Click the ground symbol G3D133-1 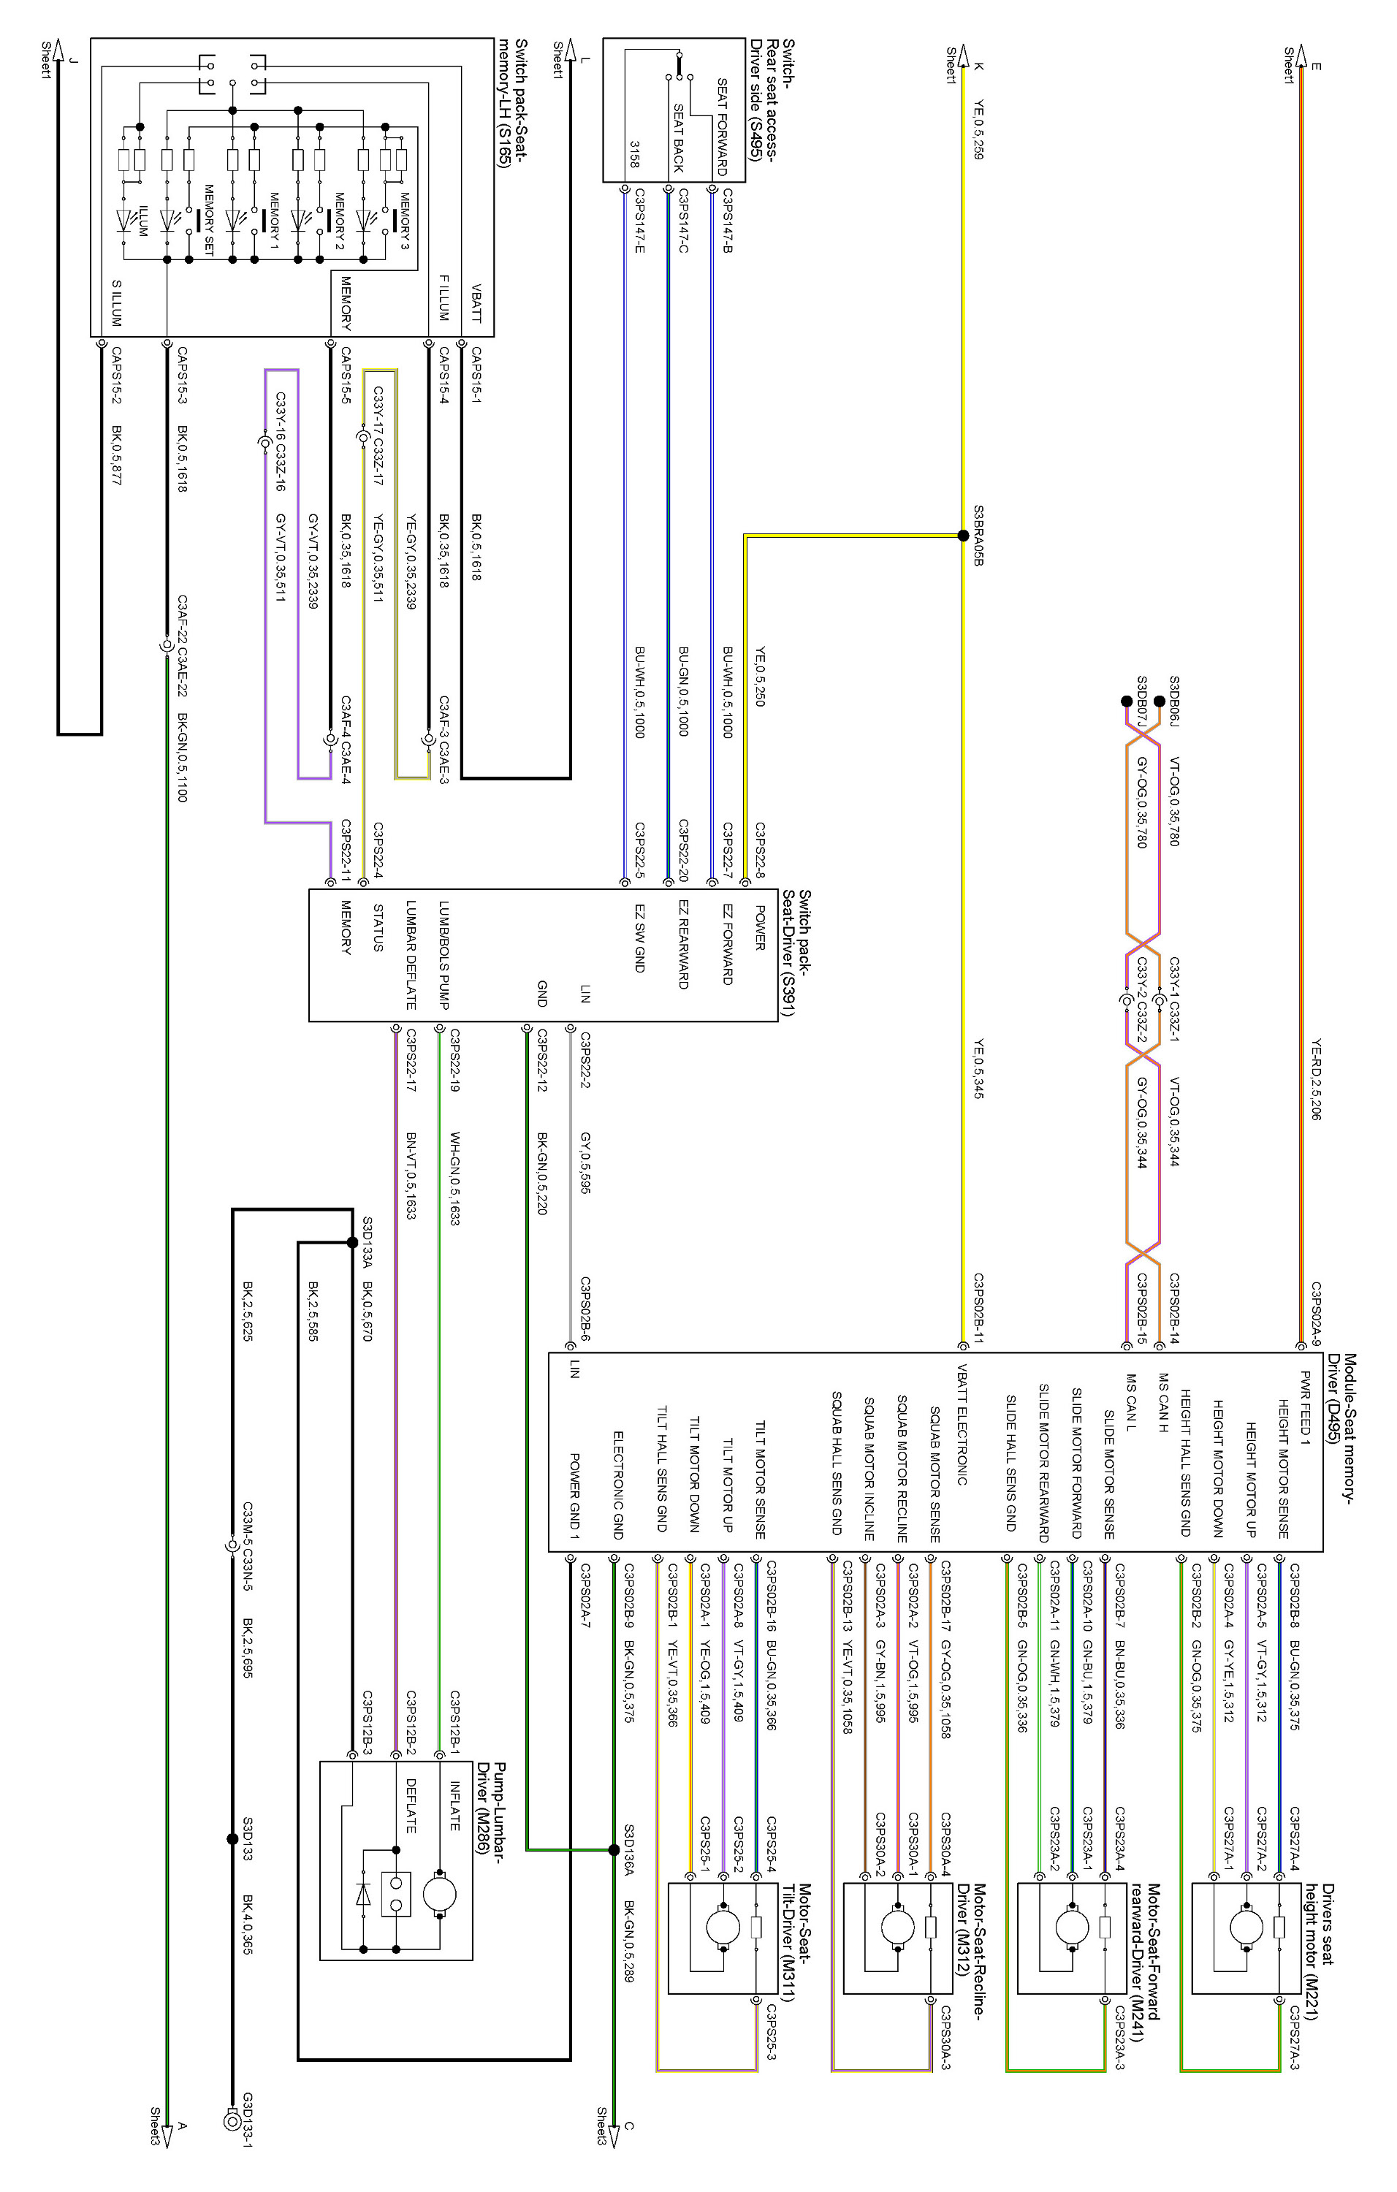(232, 2122)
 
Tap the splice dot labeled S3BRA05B (963, 536)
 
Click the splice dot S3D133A (352, 1241)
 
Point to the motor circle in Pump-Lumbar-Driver (440, 1895)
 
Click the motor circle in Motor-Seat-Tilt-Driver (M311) (723, 1927)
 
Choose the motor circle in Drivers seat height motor (1246, 1927)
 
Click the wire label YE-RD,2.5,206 (1317, 1078)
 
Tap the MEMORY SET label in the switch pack (208, 219)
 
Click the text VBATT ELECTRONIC (962, 1425)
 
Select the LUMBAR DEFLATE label (411, 955)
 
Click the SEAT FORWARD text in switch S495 (723, 126)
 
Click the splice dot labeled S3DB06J (1159, 701)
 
